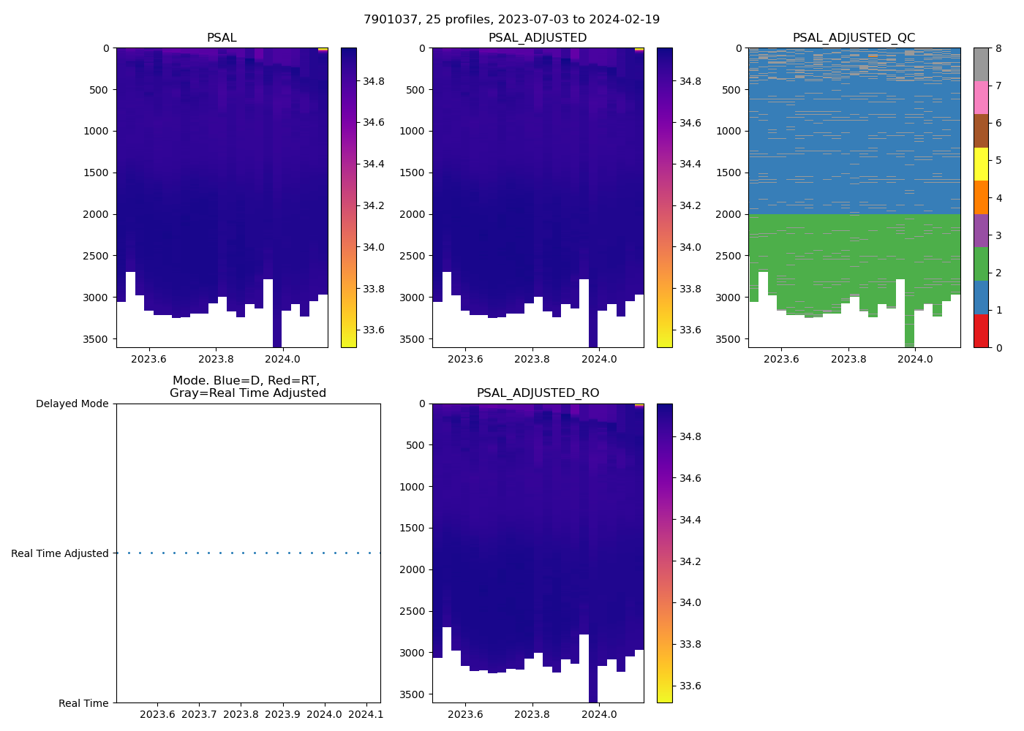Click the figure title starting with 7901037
point(511,20)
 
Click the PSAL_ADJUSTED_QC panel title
point(854,38)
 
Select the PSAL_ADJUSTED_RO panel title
point(538,393)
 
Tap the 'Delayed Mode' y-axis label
point(72,404)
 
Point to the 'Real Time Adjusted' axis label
point(59,553)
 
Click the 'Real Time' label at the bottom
point(83,703)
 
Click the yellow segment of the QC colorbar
point(981,164)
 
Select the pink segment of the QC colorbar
point(981,97)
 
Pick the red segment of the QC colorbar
point(981,330)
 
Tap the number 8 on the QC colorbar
point(998,49)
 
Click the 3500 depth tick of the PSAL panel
point(95,339)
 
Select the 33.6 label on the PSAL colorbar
point(374,330)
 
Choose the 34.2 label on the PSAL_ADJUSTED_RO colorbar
point(690,561)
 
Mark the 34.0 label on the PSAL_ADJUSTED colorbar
point(690,247)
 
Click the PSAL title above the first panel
point(222,38)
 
